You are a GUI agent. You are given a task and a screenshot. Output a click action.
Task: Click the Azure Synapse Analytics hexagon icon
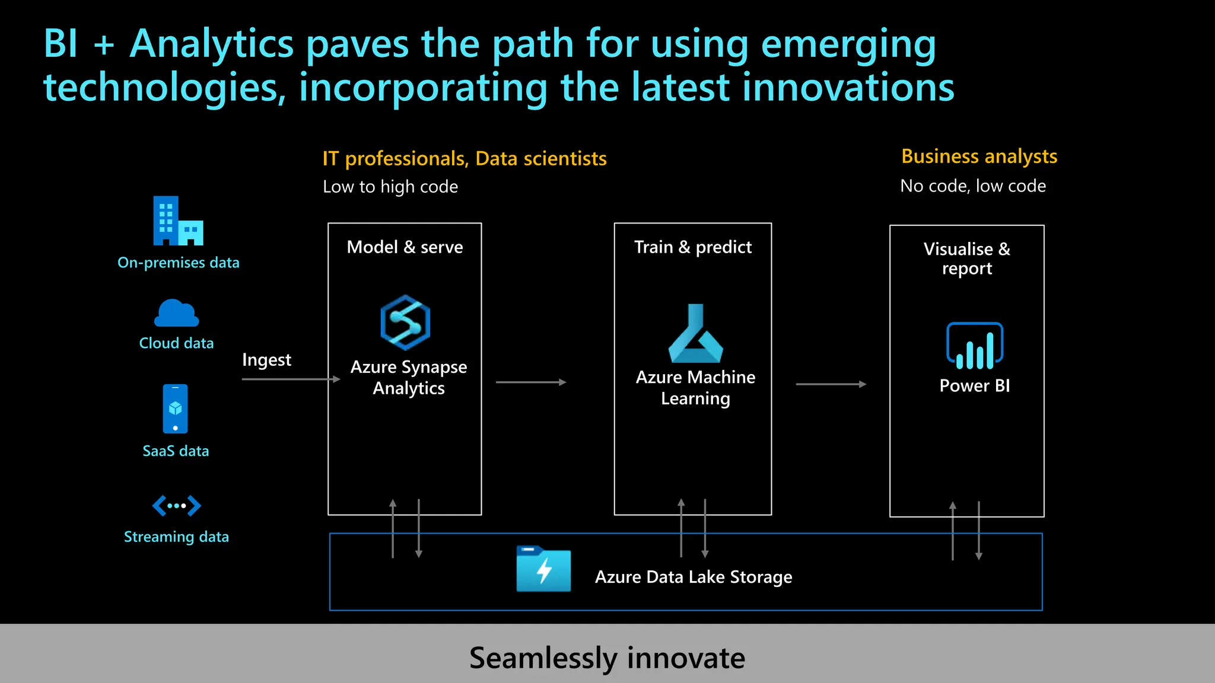405,323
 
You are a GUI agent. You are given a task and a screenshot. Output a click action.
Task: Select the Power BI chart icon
974,346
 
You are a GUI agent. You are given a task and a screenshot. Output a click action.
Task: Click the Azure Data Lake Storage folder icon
543,569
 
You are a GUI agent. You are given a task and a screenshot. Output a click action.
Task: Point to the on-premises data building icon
177,221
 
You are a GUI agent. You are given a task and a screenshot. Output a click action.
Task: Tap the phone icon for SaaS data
175,408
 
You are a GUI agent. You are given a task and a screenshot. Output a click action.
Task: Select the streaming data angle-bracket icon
176,506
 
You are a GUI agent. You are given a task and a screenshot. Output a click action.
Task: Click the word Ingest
266,360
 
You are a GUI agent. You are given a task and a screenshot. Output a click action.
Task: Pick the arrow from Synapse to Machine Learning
530,382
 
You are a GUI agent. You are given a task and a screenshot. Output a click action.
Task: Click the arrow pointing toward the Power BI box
830,384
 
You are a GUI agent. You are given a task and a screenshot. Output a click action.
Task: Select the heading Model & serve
405,247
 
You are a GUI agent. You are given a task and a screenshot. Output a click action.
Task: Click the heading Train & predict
692,247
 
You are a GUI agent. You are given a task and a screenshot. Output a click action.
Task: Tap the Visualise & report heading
966,258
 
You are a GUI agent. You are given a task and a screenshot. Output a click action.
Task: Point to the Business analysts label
979,157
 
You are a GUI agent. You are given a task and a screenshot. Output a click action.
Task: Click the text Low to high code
390,187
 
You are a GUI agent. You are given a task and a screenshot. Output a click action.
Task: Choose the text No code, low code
973,186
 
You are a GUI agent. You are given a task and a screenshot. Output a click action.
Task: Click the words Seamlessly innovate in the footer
607,658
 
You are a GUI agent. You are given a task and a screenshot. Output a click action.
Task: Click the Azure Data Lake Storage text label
693,577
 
